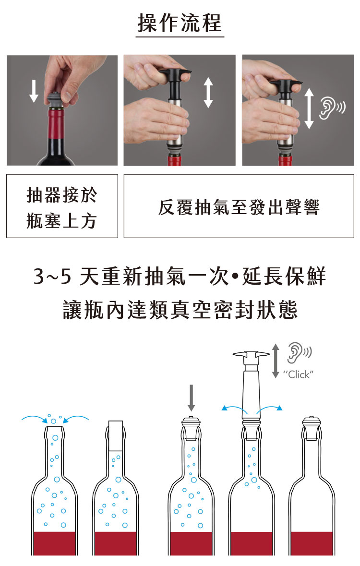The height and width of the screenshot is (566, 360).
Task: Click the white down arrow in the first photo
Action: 34,91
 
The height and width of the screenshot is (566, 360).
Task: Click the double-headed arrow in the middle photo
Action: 208,93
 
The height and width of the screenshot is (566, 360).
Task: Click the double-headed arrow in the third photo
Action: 309,108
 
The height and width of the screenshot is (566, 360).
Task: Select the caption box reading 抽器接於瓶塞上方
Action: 62,206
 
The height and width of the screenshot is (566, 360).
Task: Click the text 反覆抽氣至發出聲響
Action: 239,207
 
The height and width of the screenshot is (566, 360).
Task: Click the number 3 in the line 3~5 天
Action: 38,277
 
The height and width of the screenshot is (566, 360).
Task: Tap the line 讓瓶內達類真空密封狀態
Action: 180,310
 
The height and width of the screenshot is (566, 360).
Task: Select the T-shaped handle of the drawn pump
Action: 251,356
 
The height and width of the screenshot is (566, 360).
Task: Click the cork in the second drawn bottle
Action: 116,436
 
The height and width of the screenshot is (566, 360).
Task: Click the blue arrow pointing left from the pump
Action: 234,409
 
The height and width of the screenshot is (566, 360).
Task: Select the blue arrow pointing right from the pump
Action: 269,409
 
